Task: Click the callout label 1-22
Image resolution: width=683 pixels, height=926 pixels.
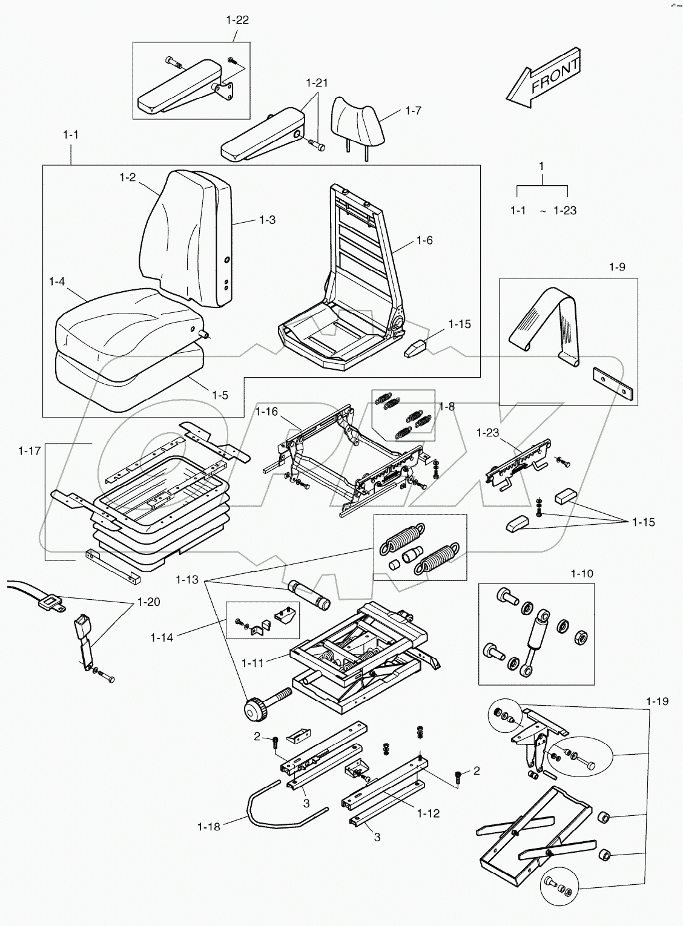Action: (x=237, y=20)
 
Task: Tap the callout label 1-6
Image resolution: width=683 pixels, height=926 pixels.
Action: (x=424, y=240)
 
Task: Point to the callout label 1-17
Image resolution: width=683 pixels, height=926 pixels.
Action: (x=30, y=450)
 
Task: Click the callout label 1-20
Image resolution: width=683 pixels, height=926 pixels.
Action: (x=149, y=602)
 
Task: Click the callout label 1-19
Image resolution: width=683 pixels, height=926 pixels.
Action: (x=657, y=701)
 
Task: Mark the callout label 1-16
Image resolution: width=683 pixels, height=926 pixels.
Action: (x=266, y=412)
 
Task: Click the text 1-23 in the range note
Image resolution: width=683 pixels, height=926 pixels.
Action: (x=564, y=211)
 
